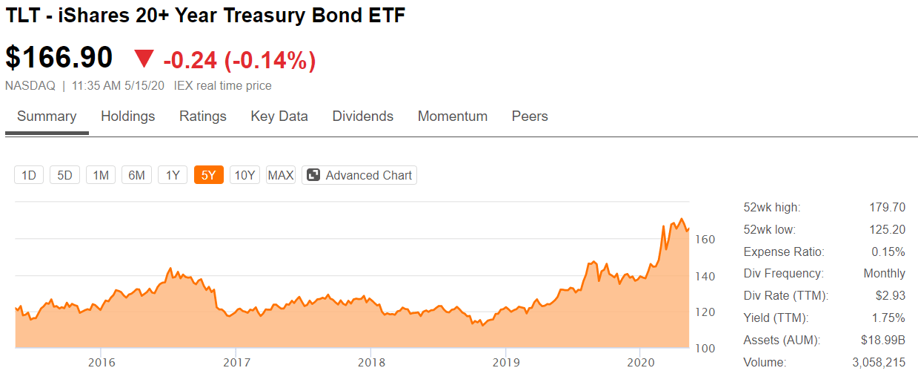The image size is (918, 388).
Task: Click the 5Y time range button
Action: [x=209, y=175]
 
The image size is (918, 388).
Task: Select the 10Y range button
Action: [x=245, y=175]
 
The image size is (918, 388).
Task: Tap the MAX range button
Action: [x=281, y=175]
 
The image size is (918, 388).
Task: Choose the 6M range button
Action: [x=136, y=175]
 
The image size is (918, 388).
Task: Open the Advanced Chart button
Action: [x=359, y=175]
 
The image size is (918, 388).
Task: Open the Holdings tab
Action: [x=128, y=116]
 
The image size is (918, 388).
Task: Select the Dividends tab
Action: [x=363, y=116]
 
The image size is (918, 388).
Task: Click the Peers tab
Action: [x=530, y=116]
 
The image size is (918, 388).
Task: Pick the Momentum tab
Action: [x=453, y=116]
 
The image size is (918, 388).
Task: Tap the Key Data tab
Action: [x=279, y=116]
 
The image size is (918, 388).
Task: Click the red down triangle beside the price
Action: [x=144, y=58]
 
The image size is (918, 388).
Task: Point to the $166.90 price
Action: [x=59, y=57]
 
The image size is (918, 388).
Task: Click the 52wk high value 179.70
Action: [x=888, y=207]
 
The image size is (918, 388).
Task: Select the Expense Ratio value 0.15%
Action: [x=888, y=251]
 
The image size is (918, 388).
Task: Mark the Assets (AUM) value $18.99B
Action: [x=882, y=340]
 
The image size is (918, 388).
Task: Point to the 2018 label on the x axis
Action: [x=371, y=363]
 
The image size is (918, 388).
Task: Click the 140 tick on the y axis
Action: [x=705, y=277]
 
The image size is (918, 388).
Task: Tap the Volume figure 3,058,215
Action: [x=879, y=363]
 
